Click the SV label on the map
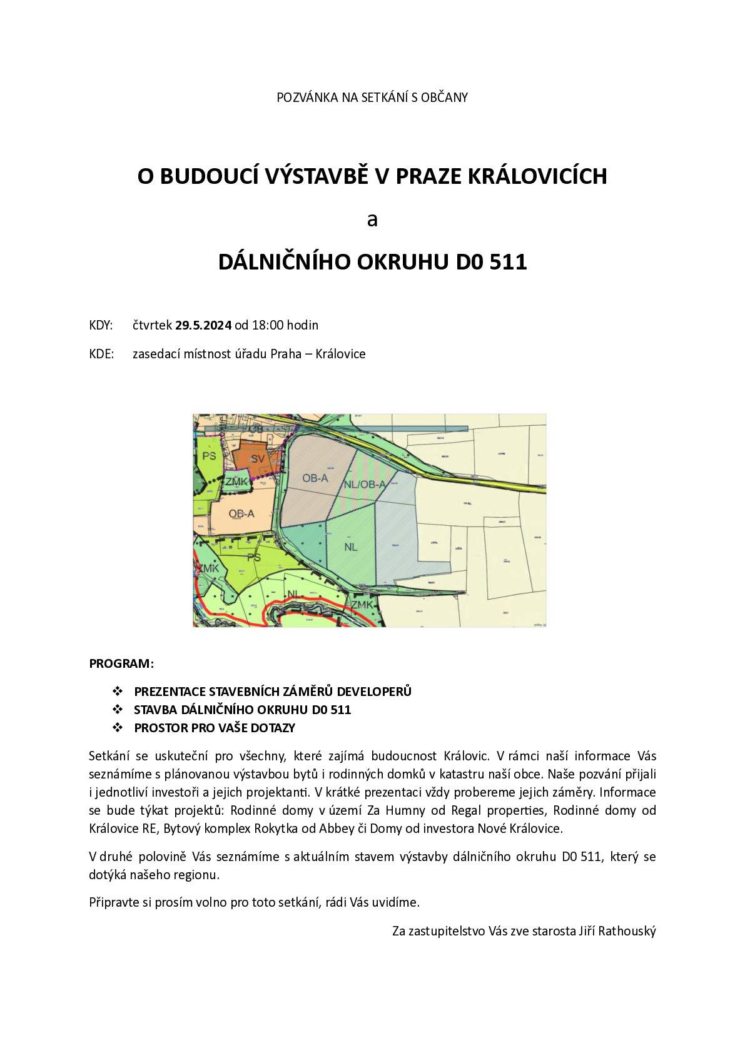pyautogui.click(x=256, y=458)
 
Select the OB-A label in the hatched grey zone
pyautogui.click(x=315, y=478)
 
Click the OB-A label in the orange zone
pyautogui.click(x=241, y=513)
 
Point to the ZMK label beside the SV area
pyautogui.click(x=236, y=481)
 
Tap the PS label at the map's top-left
pyautogui.click(x=210, y=455)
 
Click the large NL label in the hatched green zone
pyautogui.click(x=350, y=546)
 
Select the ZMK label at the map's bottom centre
pyautogui.click(x=362, y=605)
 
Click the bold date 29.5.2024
pyautogui.click(x=203, y=325)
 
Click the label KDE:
pyautogui.click(x=101, y=354)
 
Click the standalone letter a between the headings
pyautogui.click(x=372, y=219)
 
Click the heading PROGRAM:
pyautogui.click(x=121, y=663)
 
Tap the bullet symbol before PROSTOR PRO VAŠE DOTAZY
pyautogui.click(x=116, y=728)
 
